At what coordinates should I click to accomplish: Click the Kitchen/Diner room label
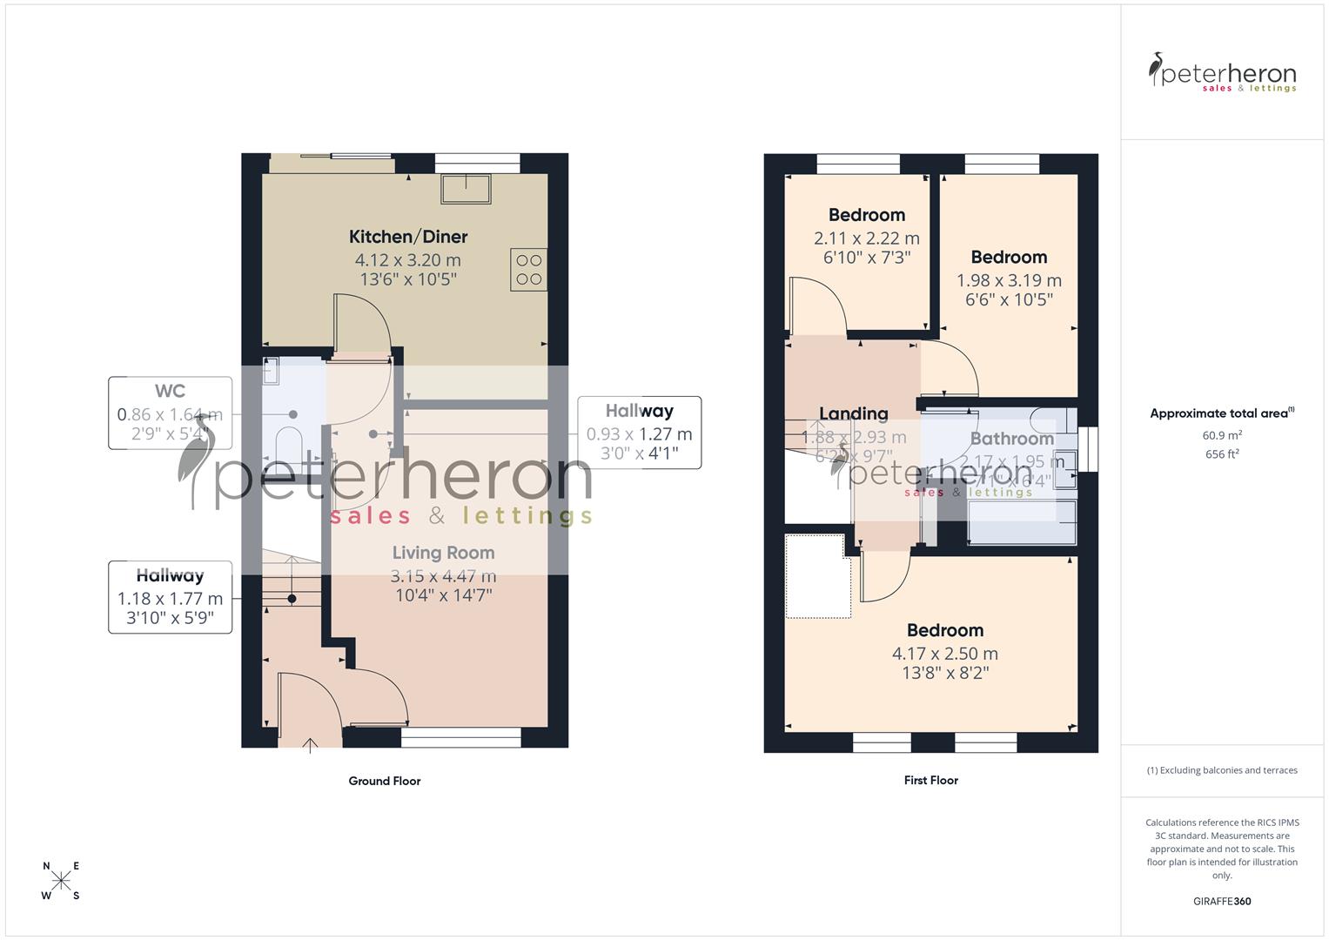[408, 237]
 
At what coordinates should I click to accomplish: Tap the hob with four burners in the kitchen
[529, 269]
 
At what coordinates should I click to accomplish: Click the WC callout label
[170, 392]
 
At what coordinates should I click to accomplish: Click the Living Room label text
[443, 553]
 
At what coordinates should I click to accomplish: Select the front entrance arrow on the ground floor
[311, 744]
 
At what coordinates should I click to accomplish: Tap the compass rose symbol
[61, 881]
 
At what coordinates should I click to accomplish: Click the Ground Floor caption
[385, 781]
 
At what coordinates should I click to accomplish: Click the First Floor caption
[930, 780]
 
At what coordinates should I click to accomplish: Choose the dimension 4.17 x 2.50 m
[944, 654]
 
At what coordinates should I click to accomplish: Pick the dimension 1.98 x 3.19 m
[1009, 280]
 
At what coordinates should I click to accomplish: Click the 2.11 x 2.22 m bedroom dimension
[866, 238]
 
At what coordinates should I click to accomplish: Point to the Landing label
[853, 413]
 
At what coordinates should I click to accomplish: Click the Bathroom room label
[1011, 439]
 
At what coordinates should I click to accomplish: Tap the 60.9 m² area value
[1221, 435]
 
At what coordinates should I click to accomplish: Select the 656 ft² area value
[1221, 454]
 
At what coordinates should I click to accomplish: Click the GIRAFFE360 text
[1221, 901]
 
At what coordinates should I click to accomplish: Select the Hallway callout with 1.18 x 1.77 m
[170, 597]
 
